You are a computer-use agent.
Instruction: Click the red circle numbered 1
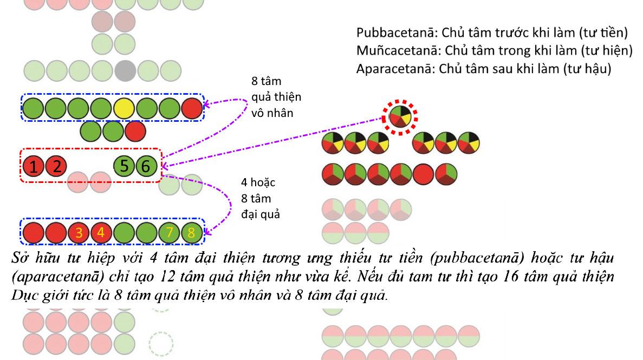pyautogui.click(x=34, y=166)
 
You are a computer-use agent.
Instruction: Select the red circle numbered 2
pyautogui.click(x=56, y=166)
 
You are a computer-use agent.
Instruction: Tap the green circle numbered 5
pyautogui.click(x=124, y=166)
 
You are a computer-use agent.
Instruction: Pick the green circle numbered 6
pyautogui.click(x=145, y=166)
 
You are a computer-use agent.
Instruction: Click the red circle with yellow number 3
pyautogui.click(x=79, y=233)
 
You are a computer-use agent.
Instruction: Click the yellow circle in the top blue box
pyautogui.click(x=124, y=108)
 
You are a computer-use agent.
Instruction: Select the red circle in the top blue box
pyautogui.click(x=192, y=108)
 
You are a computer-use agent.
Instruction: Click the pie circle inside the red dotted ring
pyautogui.click(x=401, y=115)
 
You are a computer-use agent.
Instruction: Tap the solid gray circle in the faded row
pyautogui.click(x=125, y=71)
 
